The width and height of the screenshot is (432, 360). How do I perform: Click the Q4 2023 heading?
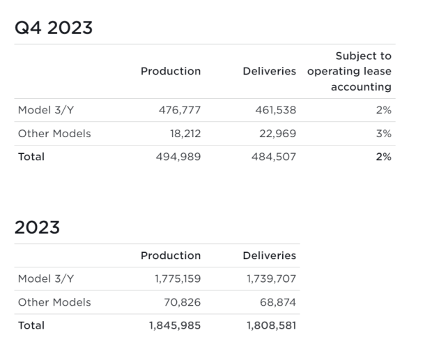(x=54, y=28)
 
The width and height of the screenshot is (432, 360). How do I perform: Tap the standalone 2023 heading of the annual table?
(x=37, y=228)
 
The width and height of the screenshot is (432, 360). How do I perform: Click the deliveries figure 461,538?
(x=273, y=110)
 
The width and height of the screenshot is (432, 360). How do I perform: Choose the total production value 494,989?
(x=178, y=157)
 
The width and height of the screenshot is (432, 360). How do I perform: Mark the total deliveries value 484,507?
(x=273, y=157)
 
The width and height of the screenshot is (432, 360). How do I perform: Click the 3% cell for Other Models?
(x=383, y=134)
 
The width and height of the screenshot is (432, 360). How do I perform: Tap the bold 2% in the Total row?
(x=383, y=157)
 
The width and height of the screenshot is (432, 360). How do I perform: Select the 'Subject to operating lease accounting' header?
(x=350, y=71)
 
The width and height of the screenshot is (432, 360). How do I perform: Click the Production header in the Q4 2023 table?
(x=171, y=71)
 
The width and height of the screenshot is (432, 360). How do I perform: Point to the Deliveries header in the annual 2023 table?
(x=269, y=256)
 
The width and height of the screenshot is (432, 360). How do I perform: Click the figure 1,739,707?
(x=271, y=279)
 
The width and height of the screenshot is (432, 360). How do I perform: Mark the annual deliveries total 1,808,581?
(x=271, y=325)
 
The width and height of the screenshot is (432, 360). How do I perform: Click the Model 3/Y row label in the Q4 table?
(x=45, y=110)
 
